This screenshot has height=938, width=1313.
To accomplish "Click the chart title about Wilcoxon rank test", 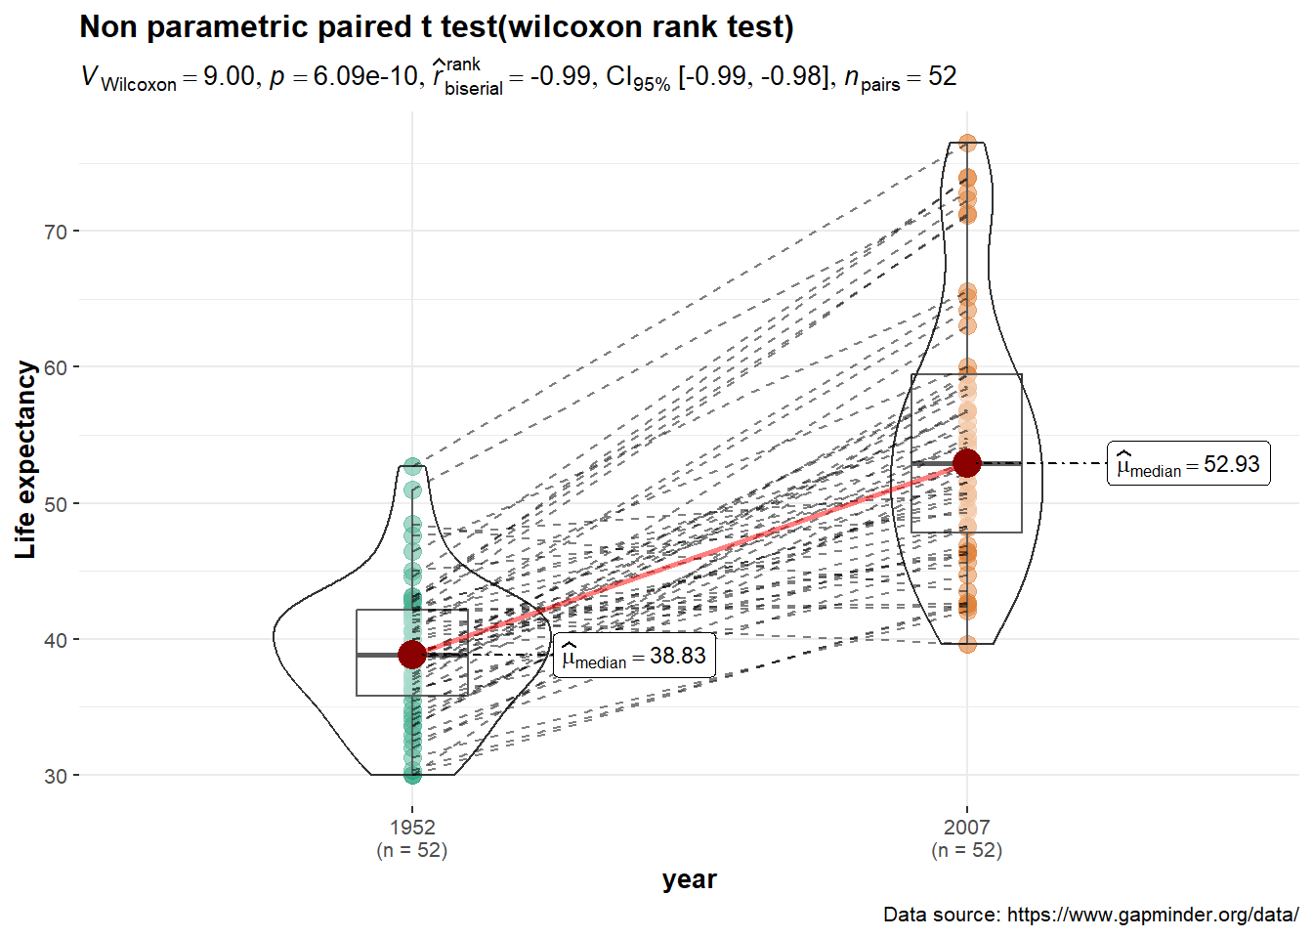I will click(x=437, y=27).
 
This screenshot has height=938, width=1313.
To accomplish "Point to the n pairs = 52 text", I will click(x=900, y=77).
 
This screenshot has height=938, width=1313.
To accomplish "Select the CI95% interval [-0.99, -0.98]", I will click(x=718, y=77).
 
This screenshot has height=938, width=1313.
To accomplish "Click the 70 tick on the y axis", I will click(x=55, y=232).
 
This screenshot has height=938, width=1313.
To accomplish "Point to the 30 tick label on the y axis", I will click(x=55, y=776).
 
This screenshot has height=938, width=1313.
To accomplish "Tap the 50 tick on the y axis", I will click(x=55, y=504).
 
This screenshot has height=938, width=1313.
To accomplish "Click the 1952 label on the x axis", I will click(x=412, y=828).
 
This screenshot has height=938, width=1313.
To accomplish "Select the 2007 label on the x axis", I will click(x=967, y=828).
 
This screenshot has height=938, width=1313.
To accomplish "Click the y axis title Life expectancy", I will click(x=26, y=459).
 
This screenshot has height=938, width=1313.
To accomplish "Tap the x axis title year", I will click(x=690, y=879).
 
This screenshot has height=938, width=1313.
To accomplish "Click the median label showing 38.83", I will click(x=634, y=656).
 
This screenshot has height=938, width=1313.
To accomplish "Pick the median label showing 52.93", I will click(x=1188, y=464).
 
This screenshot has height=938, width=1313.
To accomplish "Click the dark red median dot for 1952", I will click(x=412, y=655).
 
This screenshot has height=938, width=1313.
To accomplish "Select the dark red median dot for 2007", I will click(x=967, y=463).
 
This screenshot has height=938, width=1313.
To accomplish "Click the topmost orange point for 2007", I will click(x=967, y=144).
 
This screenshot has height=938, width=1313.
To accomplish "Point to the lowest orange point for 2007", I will click(x=967, y=644).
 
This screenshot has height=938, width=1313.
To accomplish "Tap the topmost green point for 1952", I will click(x=412, y=466).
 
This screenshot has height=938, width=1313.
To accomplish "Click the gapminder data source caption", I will click(x=1090, y=915).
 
